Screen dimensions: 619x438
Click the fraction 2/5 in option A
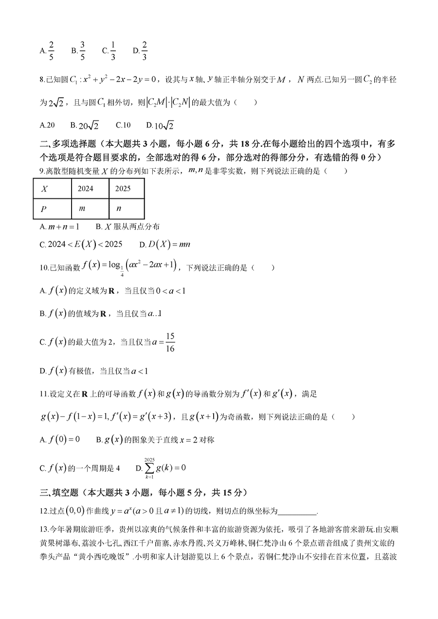point(51,50)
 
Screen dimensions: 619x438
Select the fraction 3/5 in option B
point(82,50)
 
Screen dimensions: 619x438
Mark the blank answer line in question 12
point(297,511)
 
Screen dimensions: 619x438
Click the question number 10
point(44,267)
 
